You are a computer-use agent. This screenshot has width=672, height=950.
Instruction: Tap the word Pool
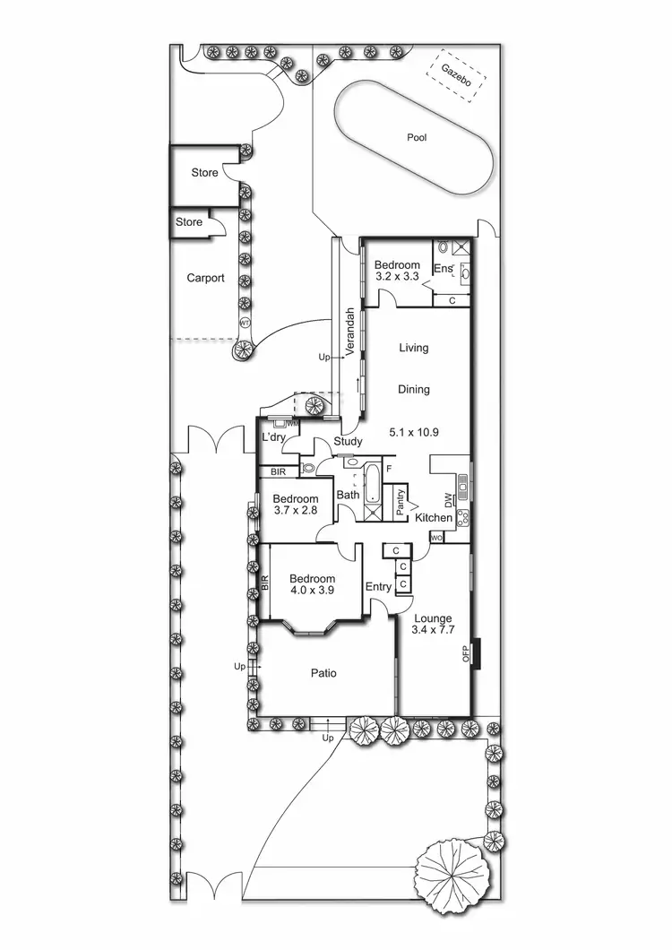(417, 138)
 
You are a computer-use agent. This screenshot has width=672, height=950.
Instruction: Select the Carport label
(205, 278)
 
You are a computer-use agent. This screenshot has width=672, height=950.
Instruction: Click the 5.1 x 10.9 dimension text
(415, 432)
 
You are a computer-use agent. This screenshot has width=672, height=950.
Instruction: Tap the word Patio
(323, 673)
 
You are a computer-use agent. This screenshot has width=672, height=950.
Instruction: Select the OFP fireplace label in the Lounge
(466, 653)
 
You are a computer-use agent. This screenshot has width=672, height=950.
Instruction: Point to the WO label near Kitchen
(437, 538)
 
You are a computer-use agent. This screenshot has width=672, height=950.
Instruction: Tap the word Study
(347, 441)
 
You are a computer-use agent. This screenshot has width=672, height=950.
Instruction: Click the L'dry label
(273, 436)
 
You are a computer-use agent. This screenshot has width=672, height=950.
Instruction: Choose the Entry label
(378, 587)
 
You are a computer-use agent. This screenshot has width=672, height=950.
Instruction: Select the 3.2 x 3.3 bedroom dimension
(397, 278)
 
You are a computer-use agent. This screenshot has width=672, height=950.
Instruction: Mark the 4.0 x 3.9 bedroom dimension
(313, 591)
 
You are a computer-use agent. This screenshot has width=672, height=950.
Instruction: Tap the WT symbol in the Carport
(243, 324)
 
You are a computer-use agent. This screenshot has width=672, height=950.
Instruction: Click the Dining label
(414, 390)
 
